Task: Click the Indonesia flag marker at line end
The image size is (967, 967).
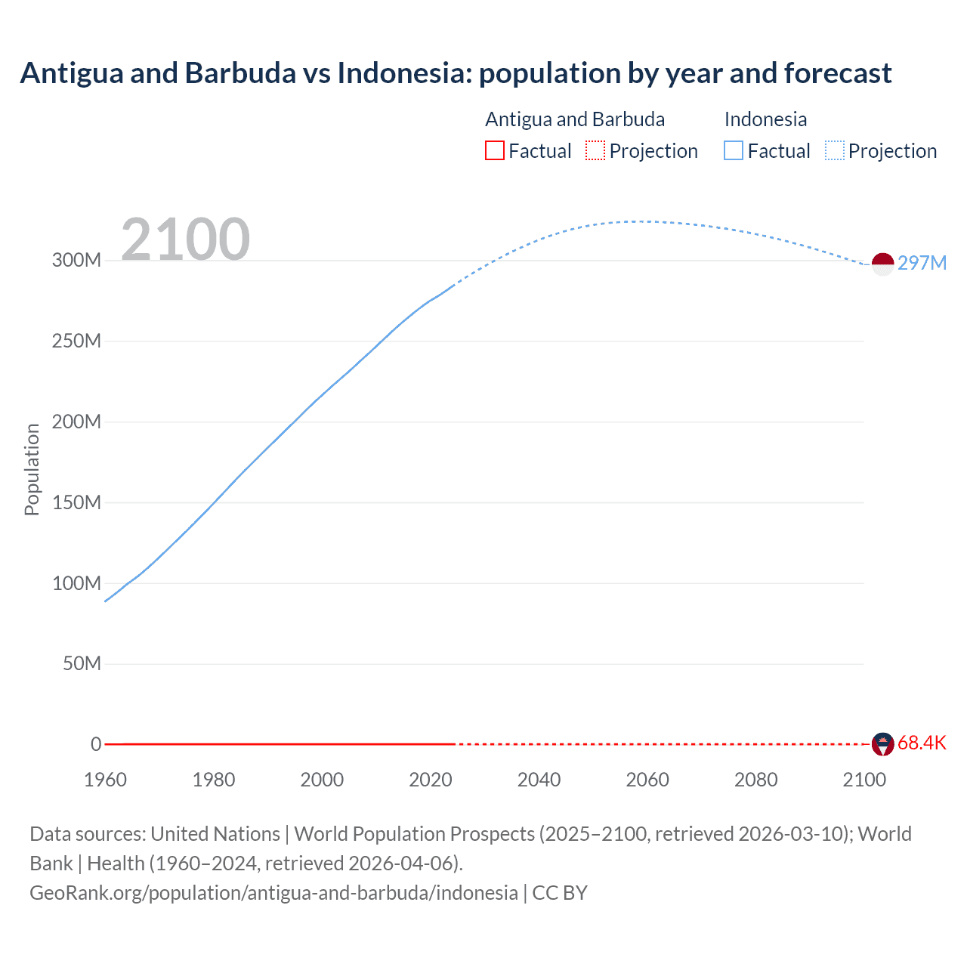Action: coord(882,264)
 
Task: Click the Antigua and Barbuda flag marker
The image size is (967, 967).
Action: coord(882,744)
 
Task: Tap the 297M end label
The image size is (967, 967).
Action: coord(922,263)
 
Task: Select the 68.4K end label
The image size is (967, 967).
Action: coord(922,743)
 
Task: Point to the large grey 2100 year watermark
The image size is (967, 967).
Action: coord(185,239)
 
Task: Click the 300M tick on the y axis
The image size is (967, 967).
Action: coord(76,261)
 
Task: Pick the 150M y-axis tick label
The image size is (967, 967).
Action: coord(76,502)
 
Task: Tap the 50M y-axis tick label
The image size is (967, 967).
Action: coord(82,664)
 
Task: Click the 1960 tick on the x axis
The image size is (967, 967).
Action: coord(105,780)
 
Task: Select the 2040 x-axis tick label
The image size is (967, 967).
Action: coord(539,780)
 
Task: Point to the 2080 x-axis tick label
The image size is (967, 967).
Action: coord(755,780)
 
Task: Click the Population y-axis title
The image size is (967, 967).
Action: coord(32,469)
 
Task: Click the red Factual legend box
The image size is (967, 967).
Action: coord(495,151)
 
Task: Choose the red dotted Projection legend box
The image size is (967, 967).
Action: coord(595,151)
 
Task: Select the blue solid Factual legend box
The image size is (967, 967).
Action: coord(734,151)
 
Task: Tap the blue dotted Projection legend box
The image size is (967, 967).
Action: coord(835,151)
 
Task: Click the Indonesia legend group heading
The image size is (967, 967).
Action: coord(765,119)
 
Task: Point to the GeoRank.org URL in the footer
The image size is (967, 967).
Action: coord(273,893)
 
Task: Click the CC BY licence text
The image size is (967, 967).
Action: coord(560,893)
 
